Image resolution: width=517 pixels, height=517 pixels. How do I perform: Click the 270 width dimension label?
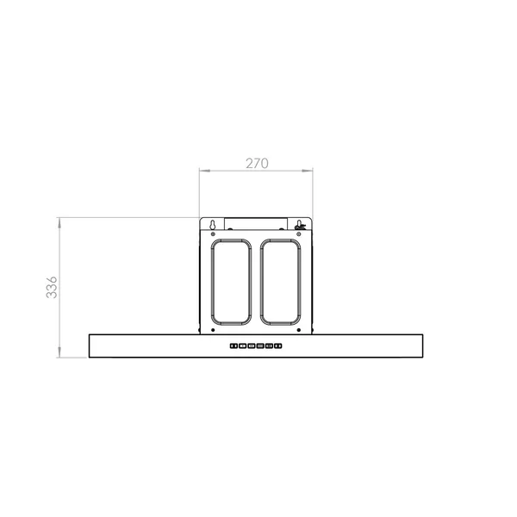click(x=257, y=163)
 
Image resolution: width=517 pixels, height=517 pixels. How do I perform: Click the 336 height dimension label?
click(x=52, y=288)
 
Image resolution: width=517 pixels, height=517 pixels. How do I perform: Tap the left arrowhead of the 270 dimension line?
click(x=204, y=171)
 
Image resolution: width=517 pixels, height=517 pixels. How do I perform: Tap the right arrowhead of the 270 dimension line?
click(x=308, y=171)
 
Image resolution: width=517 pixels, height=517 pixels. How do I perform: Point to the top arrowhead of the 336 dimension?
click(x=59, y=223)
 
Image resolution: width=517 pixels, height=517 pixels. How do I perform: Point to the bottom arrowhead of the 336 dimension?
click(x=59, y=352)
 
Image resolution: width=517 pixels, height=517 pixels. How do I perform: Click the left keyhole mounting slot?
click(x=213, y=225)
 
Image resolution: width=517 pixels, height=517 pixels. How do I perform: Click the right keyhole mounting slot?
click(x=299, y=225)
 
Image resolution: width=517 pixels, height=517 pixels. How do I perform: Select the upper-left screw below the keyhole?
click(x=213, y=234)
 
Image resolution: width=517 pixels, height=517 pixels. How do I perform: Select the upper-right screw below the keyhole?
click(x=299, y=234)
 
